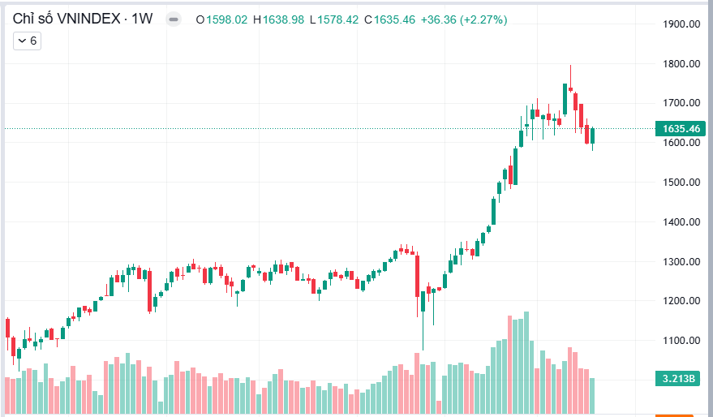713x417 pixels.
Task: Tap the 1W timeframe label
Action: click(x=143, y=18)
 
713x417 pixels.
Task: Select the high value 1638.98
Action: click(x=283, y=19)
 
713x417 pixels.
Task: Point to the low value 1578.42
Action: click(x=337, y=19)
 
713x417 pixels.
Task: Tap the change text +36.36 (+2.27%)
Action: click(x=463, y=19)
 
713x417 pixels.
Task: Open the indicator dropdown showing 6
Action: click(x=28, y=40)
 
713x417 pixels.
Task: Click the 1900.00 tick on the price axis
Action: click(x=681, y=24)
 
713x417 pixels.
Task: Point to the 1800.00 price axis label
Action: click(x=681, y=64)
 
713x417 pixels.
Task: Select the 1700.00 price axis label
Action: click(x=681, y=103)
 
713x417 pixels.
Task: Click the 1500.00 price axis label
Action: click(x=681, y=183)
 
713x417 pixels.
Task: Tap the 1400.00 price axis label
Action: click(x=681, y=222)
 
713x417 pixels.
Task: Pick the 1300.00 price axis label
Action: click(x=681, y=262)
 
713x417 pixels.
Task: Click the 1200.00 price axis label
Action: click(x=681, y=301)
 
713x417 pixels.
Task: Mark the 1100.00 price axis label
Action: click(x=681, y=341)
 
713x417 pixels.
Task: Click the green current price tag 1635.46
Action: click(x=681, y=128)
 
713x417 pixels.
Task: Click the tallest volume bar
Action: click(x=526, y=361)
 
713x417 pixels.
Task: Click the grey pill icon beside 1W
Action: click(x=174, y=19)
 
